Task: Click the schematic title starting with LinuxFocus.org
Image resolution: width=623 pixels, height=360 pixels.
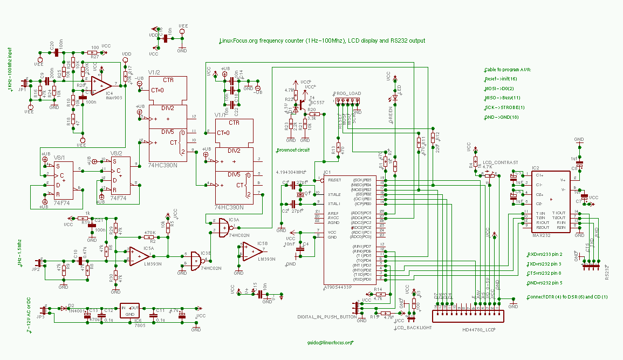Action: [x=322, y=41]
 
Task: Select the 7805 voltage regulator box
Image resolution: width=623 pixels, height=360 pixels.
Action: [x=130, y=311]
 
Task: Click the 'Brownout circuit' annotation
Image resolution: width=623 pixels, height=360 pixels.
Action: [x=293, y=150]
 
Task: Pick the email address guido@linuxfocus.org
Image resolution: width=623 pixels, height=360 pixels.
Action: [x=330, y=342]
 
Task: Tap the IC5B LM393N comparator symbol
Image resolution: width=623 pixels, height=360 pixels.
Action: [x=251, y=251]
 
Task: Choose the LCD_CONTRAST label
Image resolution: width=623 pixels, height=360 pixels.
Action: [x=501, y=162]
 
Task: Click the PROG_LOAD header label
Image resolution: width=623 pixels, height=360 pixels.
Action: [x=347, y=93]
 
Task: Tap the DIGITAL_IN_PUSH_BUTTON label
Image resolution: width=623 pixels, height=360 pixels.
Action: [x=327, y=317]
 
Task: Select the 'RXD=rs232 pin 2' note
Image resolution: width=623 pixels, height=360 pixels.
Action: [x=544, y=254]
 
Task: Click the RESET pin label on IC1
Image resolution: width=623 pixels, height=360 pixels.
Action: [x=334, y=179]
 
